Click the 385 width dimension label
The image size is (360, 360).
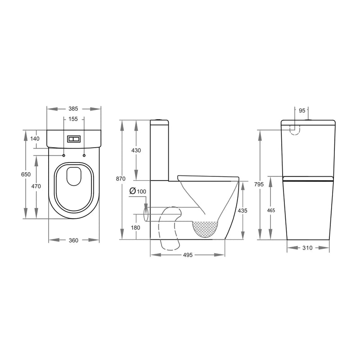pos(74,109)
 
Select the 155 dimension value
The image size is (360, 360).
pos(74,119)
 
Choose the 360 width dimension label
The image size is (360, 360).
pos(74,240)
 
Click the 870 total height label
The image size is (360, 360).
pos(121,179)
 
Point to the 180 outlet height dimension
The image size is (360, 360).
pos(135,228)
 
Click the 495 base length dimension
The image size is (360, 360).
pos(187,255)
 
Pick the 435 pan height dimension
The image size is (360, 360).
pos(242,211)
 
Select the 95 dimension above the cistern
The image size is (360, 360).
pos(301,110)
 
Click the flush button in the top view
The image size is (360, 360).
pos(74,139)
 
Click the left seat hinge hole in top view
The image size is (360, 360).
pos(63,156)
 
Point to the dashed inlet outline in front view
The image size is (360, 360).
pos(294,130)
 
